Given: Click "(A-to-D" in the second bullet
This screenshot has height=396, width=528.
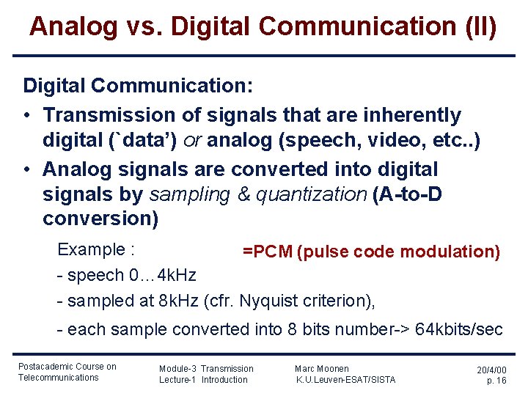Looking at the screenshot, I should click(x=407, y=194).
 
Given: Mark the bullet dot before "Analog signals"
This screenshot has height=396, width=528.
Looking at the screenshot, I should click(x=28, y=169).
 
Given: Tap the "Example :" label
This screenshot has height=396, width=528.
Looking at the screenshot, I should click(x=95, y=249).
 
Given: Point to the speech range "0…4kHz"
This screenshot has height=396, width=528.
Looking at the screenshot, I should click(x=162, y=276).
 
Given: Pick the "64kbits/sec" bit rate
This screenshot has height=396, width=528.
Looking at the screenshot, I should click(x=459, y=329).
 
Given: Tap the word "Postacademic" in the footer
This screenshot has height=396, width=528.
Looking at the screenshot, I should click(x=45, y=367).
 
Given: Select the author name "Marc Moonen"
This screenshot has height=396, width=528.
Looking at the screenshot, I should click(x=321, y=369).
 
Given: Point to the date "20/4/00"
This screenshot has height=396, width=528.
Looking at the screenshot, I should click(x=491, y=370).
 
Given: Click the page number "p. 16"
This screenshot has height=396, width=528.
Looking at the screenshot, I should click(x=496, y=381).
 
